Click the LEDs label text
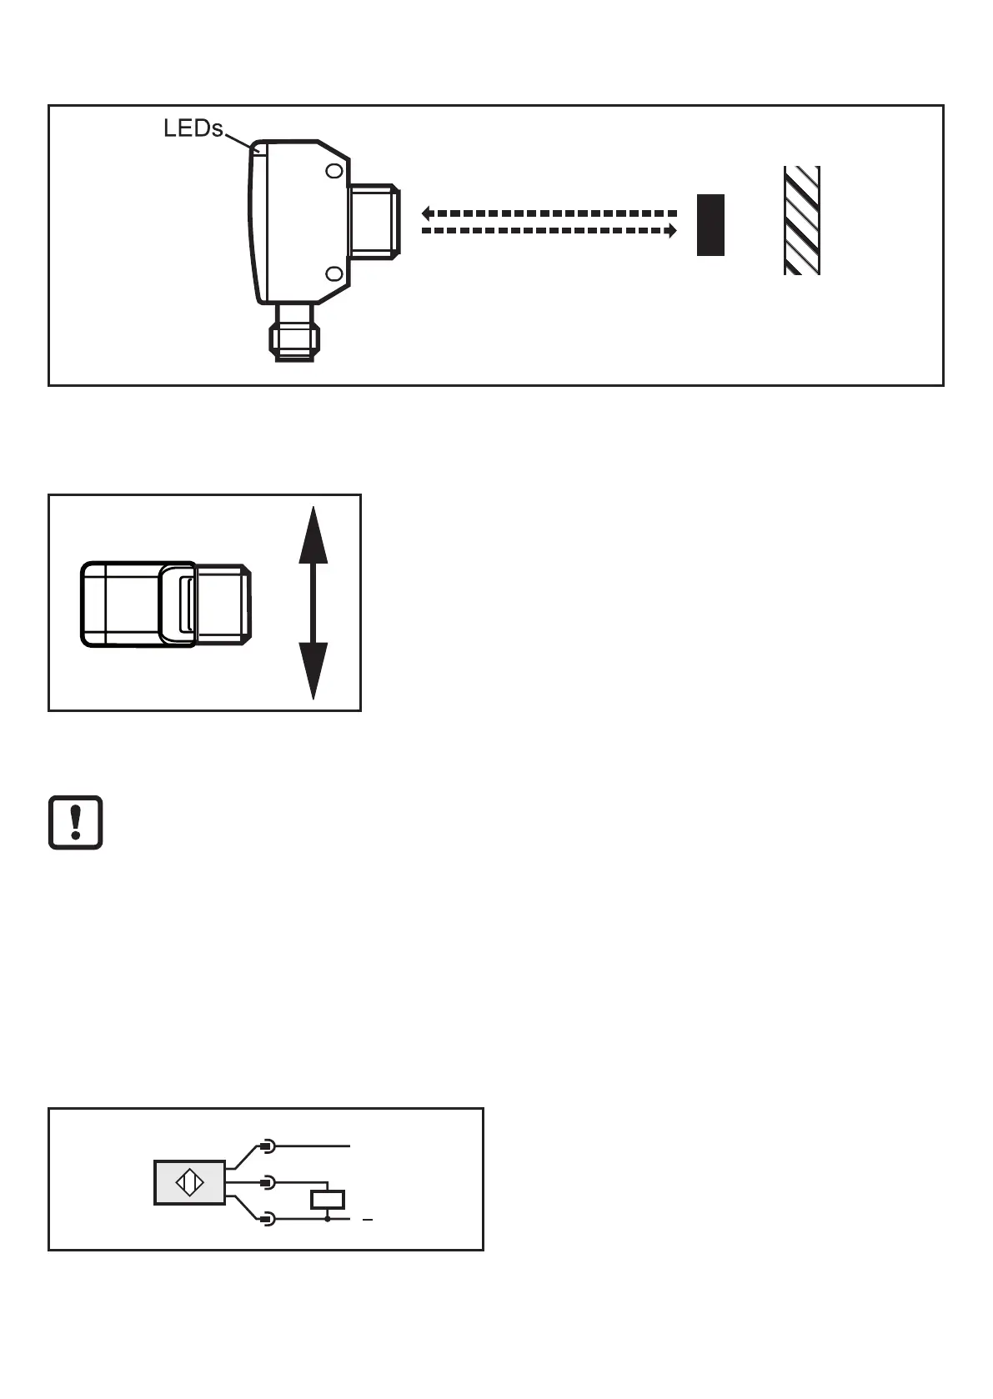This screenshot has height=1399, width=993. tap(193, 128)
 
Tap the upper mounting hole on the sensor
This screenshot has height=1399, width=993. tap(334, 171)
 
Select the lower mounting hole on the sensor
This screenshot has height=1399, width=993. tap(334, 274)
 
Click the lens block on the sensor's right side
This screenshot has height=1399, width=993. tap(374, 220)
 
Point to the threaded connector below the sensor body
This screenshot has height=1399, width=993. tap(293, 333)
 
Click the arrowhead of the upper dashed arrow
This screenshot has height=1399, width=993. tap(426, 213)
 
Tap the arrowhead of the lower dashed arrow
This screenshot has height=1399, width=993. tap(670, 231)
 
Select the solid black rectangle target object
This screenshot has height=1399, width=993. tap(710, 224)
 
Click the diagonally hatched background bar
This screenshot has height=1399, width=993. tap(801, 220)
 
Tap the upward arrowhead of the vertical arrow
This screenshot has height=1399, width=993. tap(313, 534)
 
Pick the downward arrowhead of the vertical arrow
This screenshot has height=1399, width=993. tap(313, 671)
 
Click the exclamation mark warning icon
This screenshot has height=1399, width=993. tap(75, 822)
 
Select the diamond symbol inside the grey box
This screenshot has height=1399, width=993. tap(189, 1183)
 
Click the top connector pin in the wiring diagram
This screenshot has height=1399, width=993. tap(266, 1146)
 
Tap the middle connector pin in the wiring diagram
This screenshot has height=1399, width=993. tap(266, 1182)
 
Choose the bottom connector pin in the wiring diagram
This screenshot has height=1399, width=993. tap(266, 1219)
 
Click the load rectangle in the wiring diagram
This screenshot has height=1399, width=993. tap(328, 1200)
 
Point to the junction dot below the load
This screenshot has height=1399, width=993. tap(328, 1219)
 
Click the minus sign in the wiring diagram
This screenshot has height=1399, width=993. tap(367, 1220)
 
